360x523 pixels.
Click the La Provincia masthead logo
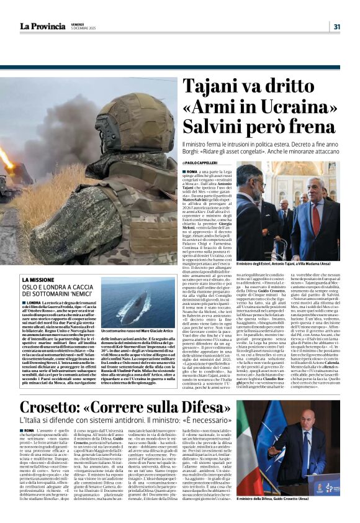coord(43,26)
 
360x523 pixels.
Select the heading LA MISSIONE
coord(38,280)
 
